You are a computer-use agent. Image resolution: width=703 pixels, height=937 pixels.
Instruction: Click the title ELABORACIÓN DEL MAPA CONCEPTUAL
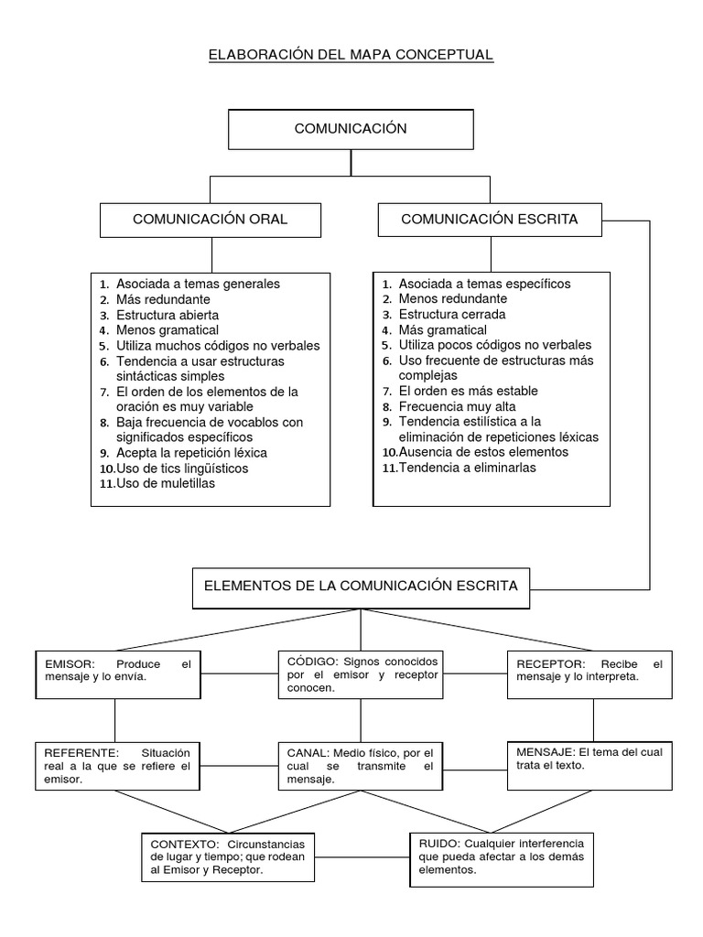(x=351, y=55)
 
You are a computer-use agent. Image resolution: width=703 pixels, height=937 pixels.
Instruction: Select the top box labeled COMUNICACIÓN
(x=351, y=129)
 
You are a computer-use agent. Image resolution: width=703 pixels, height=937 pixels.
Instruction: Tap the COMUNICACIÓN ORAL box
(x=211, y=220)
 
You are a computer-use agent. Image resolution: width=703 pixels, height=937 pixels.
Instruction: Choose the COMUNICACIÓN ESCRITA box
(x=489, y=220)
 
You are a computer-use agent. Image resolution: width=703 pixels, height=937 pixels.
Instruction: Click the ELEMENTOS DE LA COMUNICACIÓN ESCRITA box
(x=360, y=586)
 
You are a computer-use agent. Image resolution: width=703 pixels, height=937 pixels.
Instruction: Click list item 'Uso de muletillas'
(x=166, y=483)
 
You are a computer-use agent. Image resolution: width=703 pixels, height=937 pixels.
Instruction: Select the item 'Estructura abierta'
(x=168, y=315)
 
